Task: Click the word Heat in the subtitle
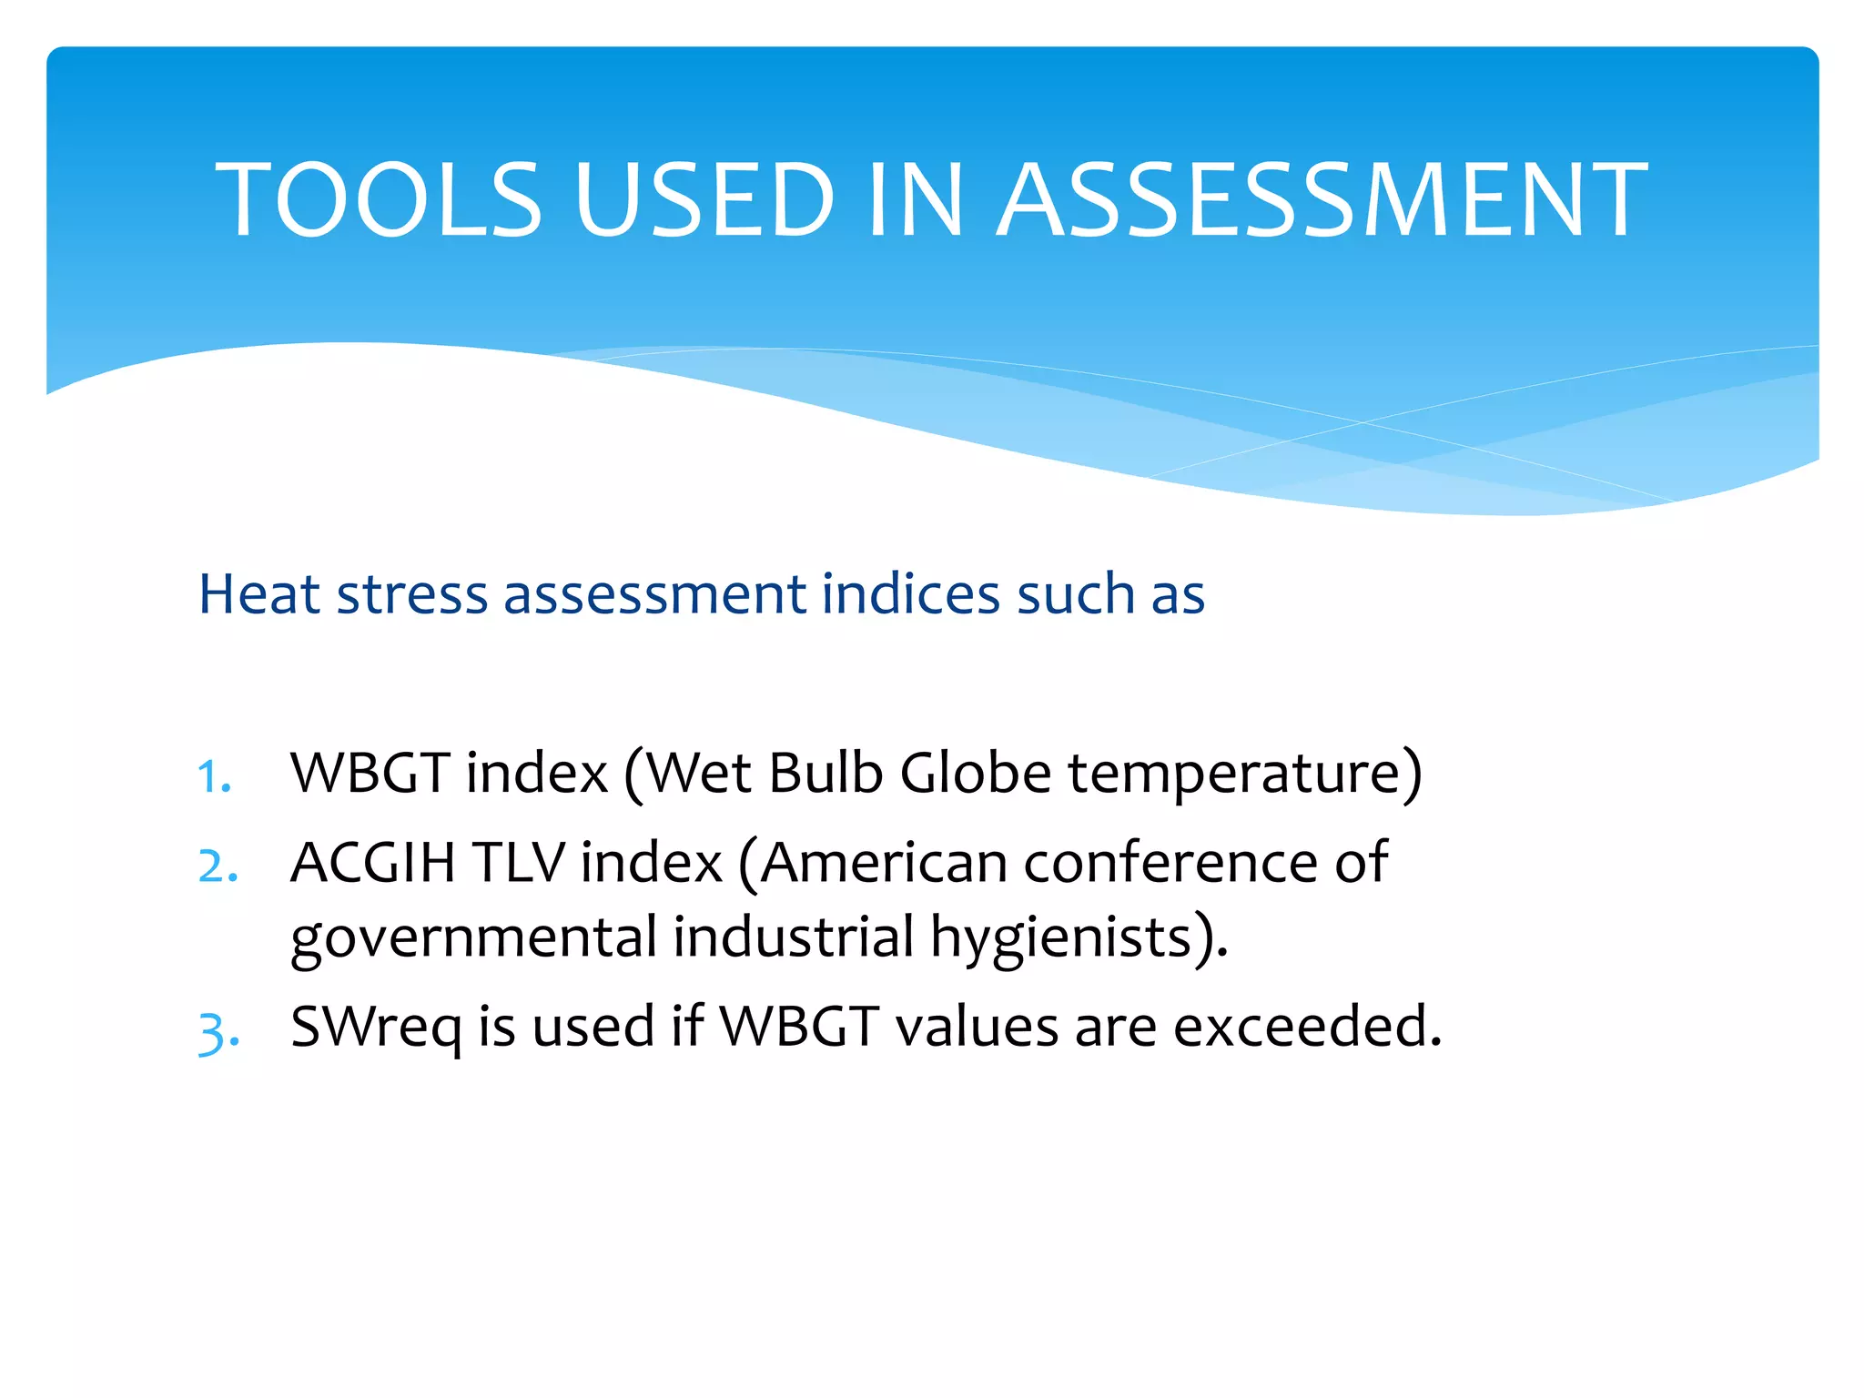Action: click(258, 594)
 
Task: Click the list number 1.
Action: click(215, 776)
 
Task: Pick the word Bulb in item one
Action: click(826, 773)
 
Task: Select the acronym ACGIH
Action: click(372, 862)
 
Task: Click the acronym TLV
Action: click(520, 862)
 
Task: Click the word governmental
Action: click(473, 938)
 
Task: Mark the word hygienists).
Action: click(1079, 938)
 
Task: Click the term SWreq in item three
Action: click(376, 1028)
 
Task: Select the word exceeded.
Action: click(1307, 1026)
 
